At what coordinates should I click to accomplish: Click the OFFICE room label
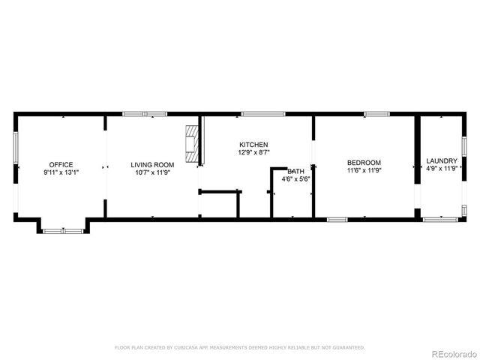click(x=61, y=164)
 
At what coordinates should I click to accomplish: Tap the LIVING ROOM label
click(x=152, y=164)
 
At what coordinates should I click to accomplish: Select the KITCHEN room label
click(x=253, y=145)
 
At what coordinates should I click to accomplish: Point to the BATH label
click(x=296, y=171)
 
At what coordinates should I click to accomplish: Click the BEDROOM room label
click(x=364, y=163)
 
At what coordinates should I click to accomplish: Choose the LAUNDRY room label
click(x=442, y=161)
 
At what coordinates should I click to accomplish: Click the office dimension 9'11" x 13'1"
click(x=61, y=172)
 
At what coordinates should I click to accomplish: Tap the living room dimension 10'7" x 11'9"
click(x=152, y=172)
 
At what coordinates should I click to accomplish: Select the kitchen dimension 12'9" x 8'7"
click(x=253, y=153)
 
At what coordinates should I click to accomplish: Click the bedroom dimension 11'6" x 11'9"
click(x=364, y=171)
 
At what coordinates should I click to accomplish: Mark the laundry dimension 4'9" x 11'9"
click(x=442, y=169)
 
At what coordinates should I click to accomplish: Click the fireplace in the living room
click(x=193, y=143)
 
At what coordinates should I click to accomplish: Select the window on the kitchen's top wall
click(x=262, y=114)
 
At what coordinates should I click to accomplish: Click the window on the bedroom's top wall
click(x=376, y=114)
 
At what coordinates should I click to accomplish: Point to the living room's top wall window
click(x=145, y=114)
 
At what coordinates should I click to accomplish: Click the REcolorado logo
click(x=451, y=352)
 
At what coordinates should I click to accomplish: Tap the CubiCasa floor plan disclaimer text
click(x=239, y=348)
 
